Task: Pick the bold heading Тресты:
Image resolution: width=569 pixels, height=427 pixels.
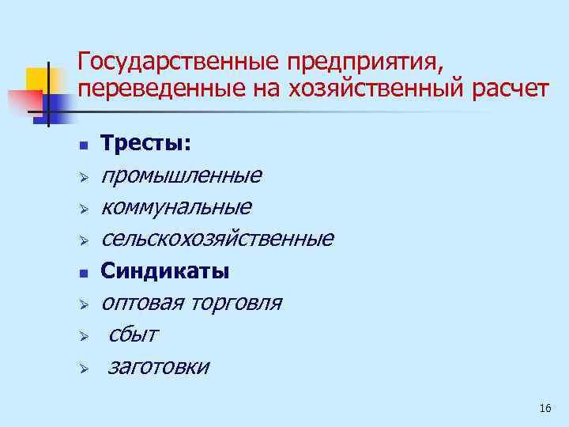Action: click(x=145, y=143)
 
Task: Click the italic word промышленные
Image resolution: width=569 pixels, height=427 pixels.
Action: click(x=182, y=175)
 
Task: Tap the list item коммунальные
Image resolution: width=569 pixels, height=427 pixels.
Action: click(x=176, y=206)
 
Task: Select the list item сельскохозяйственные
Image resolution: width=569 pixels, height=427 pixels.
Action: click(x=217, y=238)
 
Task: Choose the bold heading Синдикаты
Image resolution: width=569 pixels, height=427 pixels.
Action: click(x=165, y=271)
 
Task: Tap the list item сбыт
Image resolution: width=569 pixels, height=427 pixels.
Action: click(x=133, y=334)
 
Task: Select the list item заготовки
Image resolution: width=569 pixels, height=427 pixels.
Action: click(x=158, y=367)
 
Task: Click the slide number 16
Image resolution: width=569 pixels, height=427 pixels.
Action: click(x=545, y=408)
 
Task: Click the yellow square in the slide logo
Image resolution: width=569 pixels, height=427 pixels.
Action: click(x=37, y=79)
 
